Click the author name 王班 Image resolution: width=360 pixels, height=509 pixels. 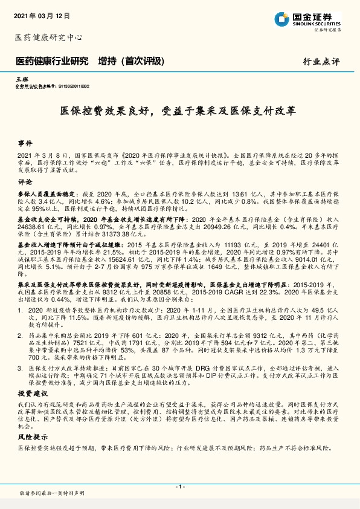coord(21,79)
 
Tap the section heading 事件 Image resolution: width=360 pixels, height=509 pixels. coord(25,144)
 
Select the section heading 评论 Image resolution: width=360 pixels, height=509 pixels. coord(25,181)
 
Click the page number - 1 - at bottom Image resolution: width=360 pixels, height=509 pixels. coord(179,486)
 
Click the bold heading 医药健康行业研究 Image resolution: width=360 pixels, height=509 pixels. coord(51,61)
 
